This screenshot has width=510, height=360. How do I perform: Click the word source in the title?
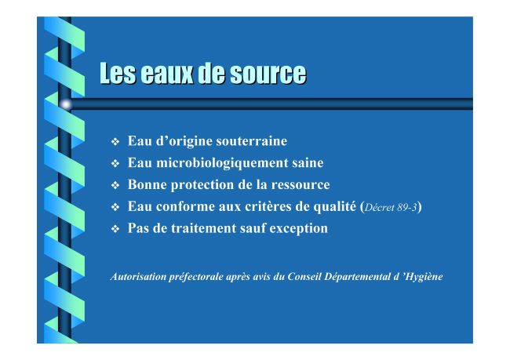coord(268,74)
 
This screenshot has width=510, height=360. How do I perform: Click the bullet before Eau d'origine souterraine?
coord(115,142)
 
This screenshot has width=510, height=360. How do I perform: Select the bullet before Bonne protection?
coord(115,185)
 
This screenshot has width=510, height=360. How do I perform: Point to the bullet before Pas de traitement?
coord(115,229)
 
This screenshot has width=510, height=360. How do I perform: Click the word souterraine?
coord(251,141)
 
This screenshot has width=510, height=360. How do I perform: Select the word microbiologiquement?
coord(220,163)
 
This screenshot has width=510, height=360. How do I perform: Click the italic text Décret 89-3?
coord(391,208)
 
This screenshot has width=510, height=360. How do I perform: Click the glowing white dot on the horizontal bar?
coord(66,104)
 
